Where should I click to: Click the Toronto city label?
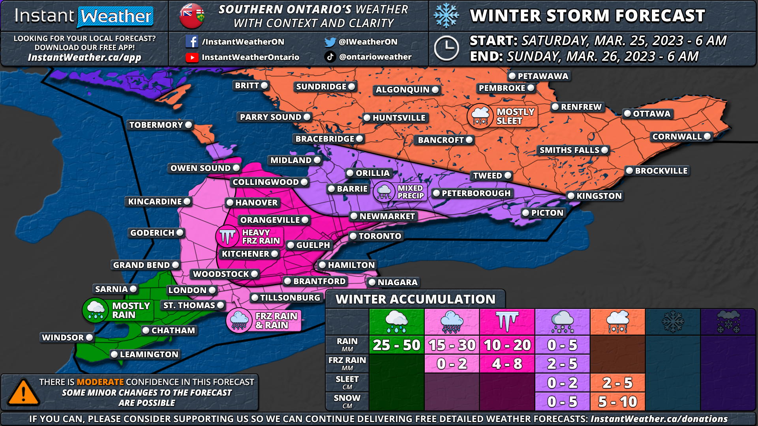379,236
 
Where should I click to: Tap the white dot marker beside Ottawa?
627,114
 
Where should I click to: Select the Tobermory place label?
156,125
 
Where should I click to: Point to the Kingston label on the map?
599,196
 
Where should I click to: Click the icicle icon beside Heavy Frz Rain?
227,236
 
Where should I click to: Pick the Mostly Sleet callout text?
515,116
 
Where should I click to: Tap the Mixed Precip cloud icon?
384,192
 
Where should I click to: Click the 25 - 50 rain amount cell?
396,345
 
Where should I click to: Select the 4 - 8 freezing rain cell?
507,364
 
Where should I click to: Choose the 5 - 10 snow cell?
617,402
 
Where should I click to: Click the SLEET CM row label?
347,382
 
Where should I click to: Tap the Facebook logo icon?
191,41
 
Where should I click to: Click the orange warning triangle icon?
24,392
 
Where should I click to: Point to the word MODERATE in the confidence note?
100,382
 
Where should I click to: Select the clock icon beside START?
446,49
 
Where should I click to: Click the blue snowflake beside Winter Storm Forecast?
446,16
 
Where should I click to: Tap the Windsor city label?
63,338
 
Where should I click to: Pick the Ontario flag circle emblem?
192,16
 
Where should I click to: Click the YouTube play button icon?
192,58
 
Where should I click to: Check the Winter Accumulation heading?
415,299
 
